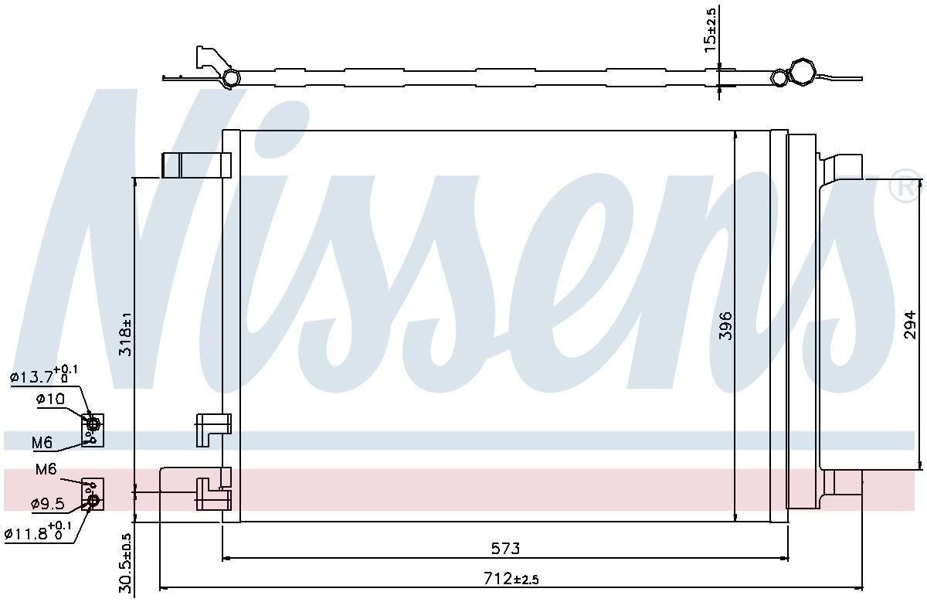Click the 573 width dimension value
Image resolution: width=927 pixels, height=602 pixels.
click(x=505, y=549)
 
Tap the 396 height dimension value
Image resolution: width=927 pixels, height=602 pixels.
click(x=724, y=326)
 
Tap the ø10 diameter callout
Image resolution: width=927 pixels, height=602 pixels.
click(x=49, y=399)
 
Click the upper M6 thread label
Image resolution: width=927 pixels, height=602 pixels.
click(x=42, y=443)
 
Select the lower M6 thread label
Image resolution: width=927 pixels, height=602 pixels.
click(x=46, y=469)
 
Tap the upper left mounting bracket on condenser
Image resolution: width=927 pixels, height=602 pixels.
click(x=196, y=165)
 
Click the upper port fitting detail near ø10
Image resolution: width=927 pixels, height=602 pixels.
click(x=93, y=430)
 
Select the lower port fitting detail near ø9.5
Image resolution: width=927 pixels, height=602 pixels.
click(x=93, y=495)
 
